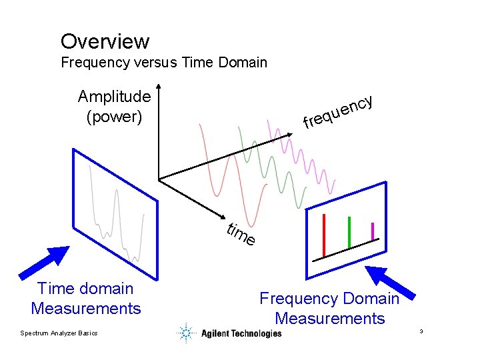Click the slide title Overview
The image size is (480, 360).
click(105, 41)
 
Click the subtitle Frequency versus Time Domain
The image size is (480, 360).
click(164, 63)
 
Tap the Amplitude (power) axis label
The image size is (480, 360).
click(114, 107)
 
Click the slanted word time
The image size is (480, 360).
click(240, 235)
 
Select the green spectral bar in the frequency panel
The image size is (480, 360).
click(349, 232)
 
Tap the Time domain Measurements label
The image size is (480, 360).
click(85, 298)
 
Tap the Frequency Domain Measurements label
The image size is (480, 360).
click(329, 309)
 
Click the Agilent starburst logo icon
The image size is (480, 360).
click(187, 333)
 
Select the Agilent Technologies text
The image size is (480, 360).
click(241, 333)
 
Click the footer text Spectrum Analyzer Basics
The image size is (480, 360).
click(59, 333)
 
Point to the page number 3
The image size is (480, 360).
click(422, 331)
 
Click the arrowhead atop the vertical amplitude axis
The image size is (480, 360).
click(159, 87)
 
